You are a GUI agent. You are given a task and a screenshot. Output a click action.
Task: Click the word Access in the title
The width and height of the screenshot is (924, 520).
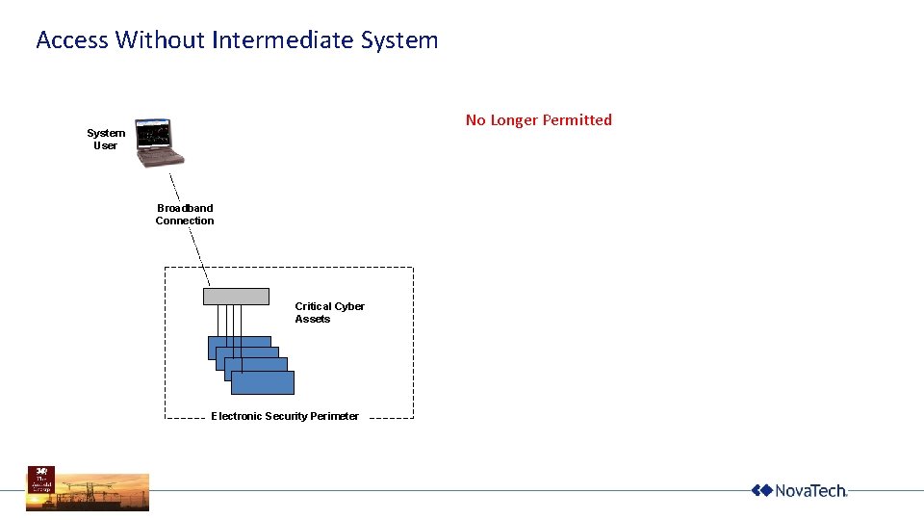click(72, 40)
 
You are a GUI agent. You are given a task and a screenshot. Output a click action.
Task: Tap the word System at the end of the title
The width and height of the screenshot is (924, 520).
click(399, 40)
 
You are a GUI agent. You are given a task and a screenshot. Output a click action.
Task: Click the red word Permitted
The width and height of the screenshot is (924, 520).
click(577, 120)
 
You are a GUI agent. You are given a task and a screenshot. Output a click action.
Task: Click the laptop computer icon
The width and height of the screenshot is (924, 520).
click(157, 139)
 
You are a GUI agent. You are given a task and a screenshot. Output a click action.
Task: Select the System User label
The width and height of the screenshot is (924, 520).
click(105, 140)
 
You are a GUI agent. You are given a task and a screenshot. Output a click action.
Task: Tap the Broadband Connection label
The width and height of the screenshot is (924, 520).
click(185, 215)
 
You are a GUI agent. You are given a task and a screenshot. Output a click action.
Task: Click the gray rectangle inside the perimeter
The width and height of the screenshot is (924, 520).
click(236, 297)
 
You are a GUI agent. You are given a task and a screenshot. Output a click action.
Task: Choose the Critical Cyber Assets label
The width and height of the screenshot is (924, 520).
click(329, 313)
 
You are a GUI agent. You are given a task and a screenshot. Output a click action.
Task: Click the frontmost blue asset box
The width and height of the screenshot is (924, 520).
click(263, 382)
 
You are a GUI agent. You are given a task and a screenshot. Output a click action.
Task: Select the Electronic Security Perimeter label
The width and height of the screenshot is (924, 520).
click(285, 416)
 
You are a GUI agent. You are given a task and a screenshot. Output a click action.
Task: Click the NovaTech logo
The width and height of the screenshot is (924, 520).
click(799, 491)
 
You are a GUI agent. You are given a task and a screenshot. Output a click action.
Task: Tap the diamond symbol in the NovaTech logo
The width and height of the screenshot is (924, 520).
click(761, 491)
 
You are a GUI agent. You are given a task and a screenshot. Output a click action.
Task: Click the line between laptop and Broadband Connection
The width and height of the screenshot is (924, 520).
click(175, 186)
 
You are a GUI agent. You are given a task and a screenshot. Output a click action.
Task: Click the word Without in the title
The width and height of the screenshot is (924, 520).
click(160, 40)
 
